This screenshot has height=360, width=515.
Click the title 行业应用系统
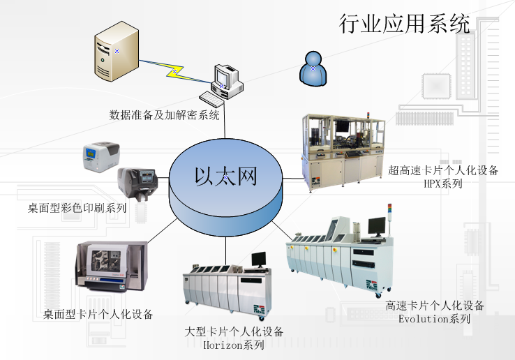pyautogui.click(x=405, y=24)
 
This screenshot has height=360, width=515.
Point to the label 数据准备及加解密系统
pyautogui.click(x=165, y=114)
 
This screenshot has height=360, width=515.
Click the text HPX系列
pyautogui.click(x=443, y=184)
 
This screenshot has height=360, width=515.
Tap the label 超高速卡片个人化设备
pyautogui.click(x=443, y=171)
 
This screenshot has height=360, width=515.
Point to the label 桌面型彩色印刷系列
pyautogui.click(x=77, y=207)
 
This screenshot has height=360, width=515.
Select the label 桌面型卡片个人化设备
pyautogui.click(x=98, y=315)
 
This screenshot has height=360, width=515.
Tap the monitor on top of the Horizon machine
pyautogui.click(x=258, y=260)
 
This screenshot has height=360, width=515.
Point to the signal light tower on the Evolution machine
pyautogui.click(x=389, y=213)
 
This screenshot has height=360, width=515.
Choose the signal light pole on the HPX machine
pyautogui.click(x=369, y=119)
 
